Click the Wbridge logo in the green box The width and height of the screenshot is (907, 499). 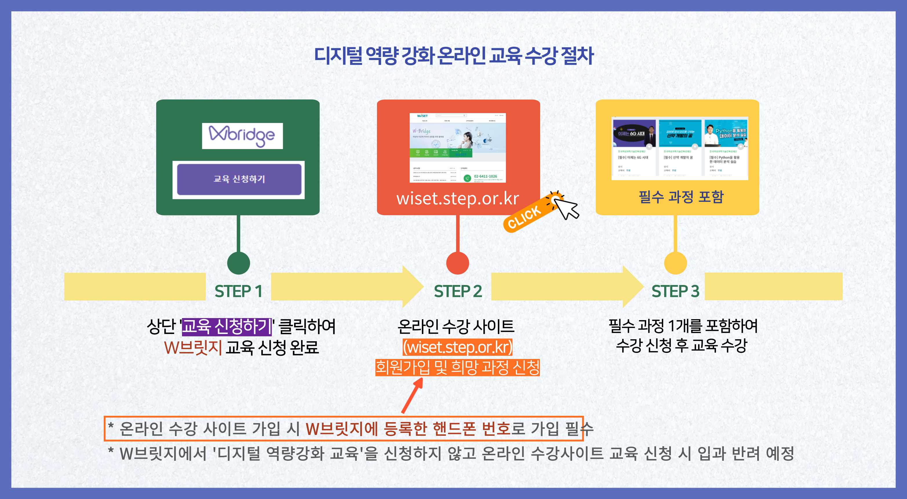[242, 136]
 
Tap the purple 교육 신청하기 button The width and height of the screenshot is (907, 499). [239, 179]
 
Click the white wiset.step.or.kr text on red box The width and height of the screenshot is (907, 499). [457, 198]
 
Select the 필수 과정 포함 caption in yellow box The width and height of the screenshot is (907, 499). [681, 197]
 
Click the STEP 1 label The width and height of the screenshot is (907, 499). [238, 291]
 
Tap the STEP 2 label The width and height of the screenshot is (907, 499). [457, 291]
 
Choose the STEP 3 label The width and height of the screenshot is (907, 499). [675, 291]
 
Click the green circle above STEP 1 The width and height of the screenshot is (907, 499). [238, 263]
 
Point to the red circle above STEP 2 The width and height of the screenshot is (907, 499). [457, 263]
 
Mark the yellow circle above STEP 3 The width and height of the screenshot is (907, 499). [675, 263]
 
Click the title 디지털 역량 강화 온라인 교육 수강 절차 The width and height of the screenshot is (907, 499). [453, 56]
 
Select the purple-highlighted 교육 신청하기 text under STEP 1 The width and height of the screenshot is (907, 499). [226, 326]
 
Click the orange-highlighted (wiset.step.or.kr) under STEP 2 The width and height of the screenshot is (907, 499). [457, 347]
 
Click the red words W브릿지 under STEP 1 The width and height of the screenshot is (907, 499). [193, 347]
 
